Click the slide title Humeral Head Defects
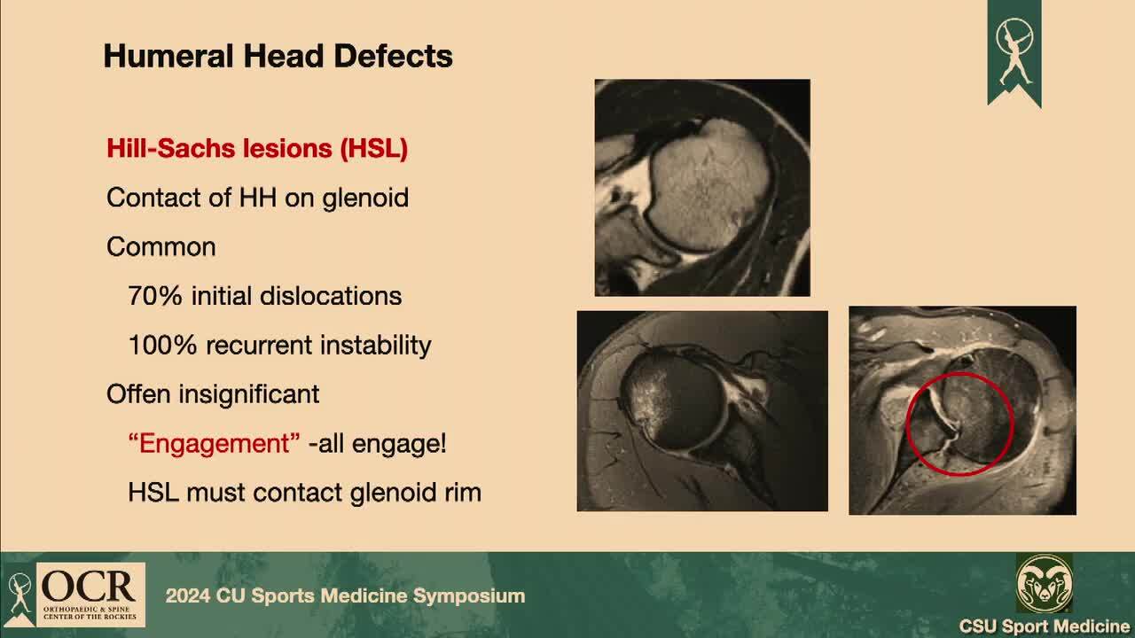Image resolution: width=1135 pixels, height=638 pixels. [278, 56]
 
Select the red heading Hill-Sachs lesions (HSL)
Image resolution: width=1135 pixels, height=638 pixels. [257, 148]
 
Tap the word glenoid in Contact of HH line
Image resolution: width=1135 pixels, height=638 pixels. [365, 198]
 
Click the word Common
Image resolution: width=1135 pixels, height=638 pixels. [161, 247]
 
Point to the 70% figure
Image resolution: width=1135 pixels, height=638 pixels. [155, 296]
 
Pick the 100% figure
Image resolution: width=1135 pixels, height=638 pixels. [162, 346]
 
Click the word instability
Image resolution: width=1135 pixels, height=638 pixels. [375, 346]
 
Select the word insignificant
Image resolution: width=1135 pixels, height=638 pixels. [249, 394]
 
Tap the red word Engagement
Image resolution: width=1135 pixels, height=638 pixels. [214, 444]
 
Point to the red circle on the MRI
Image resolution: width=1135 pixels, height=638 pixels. [907, 425]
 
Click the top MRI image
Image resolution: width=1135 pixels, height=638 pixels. [702, 187]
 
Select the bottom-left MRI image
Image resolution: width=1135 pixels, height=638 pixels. [702, 411]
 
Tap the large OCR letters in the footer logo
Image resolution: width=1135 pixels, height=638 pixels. [88, 587]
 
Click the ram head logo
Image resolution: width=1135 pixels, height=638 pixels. [1044, 584]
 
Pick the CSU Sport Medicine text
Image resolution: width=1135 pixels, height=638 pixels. [1045, 626]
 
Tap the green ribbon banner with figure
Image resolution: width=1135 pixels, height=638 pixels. [1014, 53]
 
